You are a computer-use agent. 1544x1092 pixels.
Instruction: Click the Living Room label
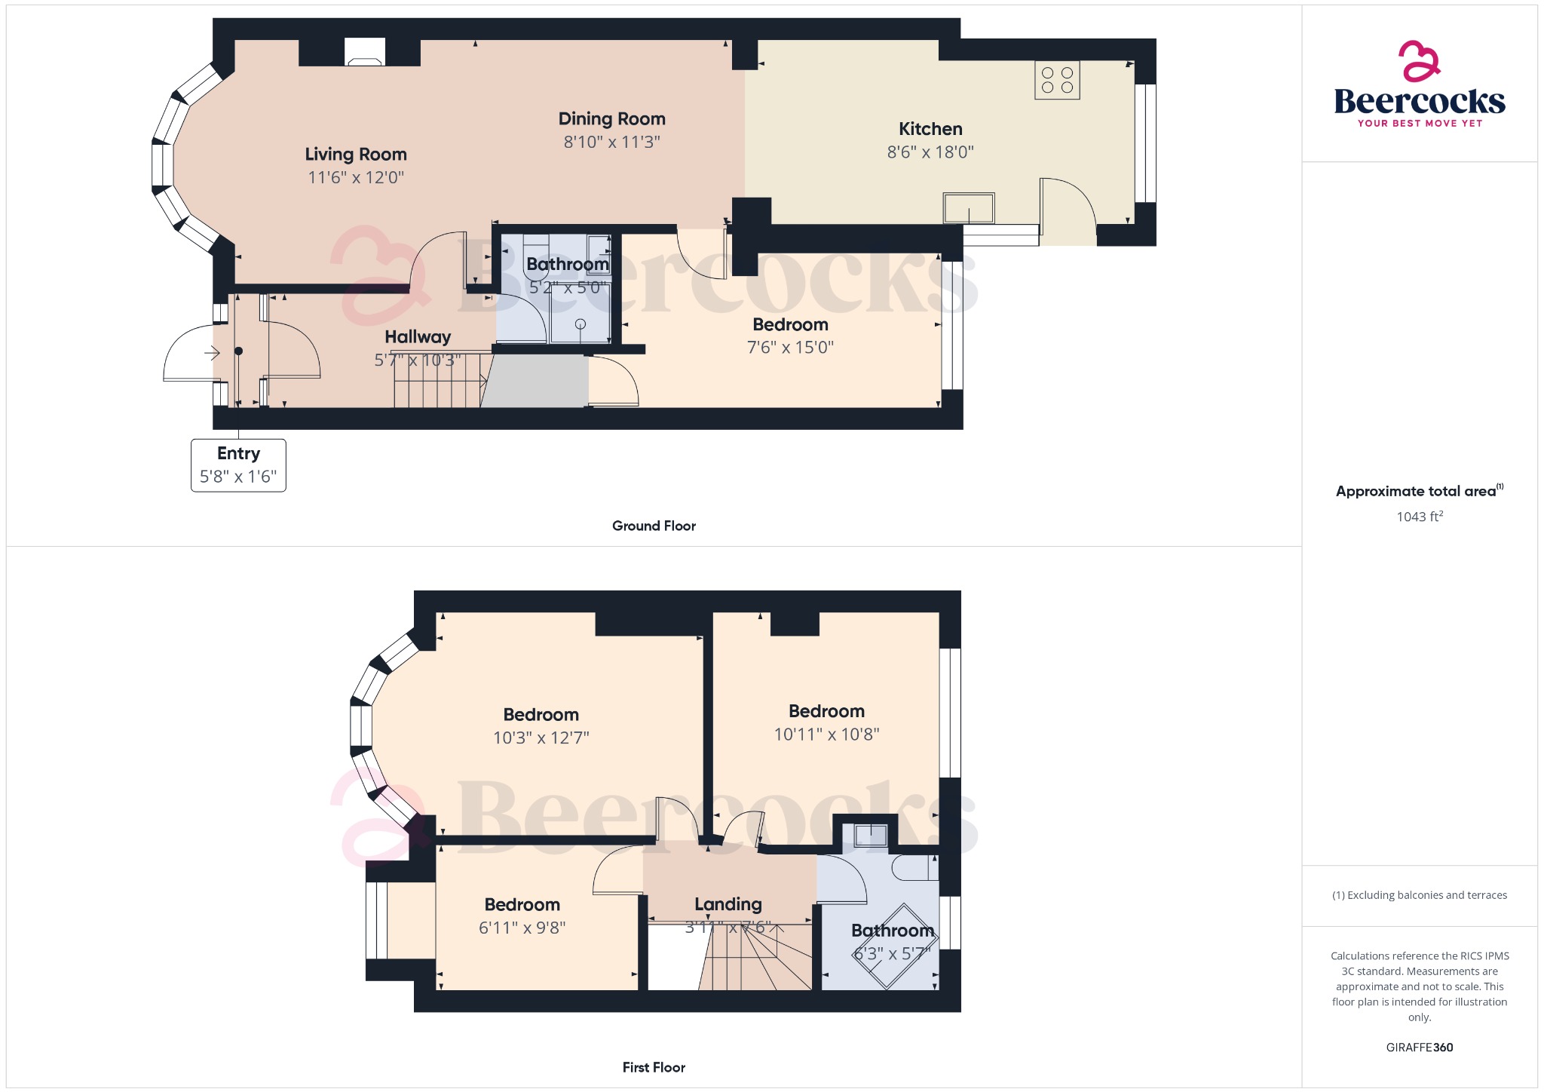click(x=356, y=155)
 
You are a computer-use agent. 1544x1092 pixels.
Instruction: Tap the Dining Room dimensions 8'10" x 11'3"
click(x=611, y=142)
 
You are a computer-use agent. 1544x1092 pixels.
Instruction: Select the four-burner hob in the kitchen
click(x=1057, y=80)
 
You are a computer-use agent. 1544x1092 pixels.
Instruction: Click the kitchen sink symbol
click(x=969, y=208)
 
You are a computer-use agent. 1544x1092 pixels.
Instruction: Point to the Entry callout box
click(x=238, y=465)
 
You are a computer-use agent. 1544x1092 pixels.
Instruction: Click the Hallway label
click(x=418, y=337)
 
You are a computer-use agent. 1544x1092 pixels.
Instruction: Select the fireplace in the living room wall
click(x=365, y=53)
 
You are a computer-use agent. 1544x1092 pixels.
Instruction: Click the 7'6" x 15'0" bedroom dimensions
click(x=790, y=348)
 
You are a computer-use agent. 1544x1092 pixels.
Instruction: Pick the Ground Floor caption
click(x=654, y=526)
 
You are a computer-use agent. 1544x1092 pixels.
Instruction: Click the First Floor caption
click(x=654, y=1067)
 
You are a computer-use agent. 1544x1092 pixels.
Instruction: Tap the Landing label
click(x=728, y=904)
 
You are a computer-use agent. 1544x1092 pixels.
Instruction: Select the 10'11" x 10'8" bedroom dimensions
click(x=826, y=735)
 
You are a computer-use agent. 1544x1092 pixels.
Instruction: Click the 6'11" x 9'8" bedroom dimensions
click(x=522, y=928)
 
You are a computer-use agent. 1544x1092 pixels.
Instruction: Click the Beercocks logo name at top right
click(x=1420, y=101)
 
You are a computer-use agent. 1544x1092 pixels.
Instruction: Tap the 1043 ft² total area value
click(x=1420, y=517)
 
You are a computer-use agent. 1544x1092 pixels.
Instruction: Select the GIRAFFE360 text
click(x=1420, y=1048)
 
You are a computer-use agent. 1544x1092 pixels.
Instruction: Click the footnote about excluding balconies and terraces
click(x=1420, y=895)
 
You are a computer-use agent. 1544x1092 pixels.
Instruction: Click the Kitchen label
click(x=930, y=129)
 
